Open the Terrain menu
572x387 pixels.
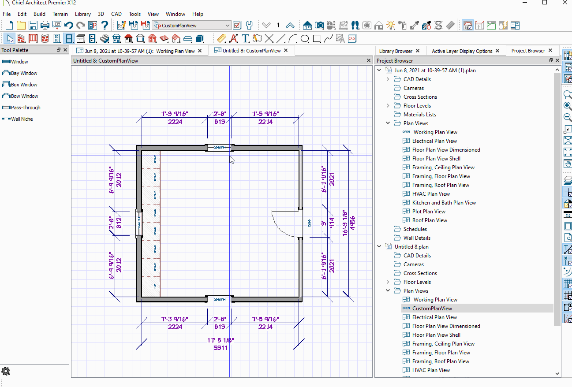[x=60, y=14]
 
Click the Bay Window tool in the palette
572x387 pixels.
[x=24, y=73]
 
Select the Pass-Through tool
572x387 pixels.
[x=25, y=108]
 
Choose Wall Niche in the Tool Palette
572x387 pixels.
[x=22, y=119]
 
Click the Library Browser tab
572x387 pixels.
[x=396, y=51]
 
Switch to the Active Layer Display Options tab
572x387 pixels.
[x=462, y=51]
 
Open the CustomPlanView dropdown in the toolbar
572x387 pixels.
[x=228, y=25]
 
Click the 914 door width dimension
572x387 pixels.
[x=332, y=223]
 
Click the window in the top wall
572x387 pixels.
[x=220, y=148]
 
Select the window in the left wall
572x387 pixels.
[x=139, y=223]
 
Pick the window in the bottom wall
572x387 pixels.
[x=220, y=299]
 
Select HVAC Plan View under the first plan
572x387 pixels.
[x=431, y=194]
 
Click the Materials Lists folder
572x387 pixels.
[x=419, y=115]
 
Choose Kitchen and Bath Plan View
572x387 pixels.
[x=444, y=203]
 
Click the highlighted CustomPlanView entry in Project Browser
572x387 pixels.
[x=432, y=309]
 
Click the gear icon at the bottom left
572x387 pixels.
[x=6, y=371]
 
